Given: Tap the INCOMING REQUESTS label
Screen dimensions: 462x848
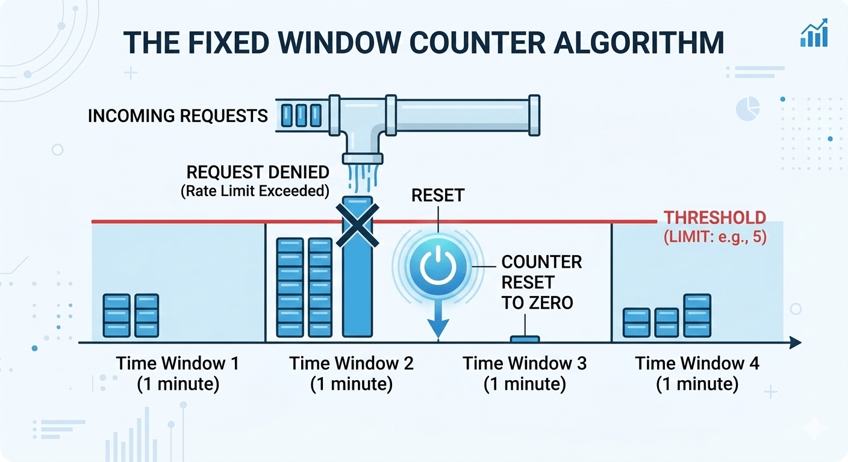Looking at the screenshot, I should click(178, 115).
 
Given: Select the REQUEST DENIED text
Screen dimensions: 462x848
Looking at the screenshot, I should click(258, 173).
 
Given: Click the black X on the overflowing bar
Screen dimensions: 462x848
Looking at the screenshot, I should click(357, 224).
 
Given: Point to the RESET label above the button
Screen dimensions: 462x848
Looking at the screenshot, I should click(438, 195).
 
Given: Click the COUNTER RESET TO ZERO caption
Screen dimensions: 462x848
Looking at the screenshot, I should click(541, 282).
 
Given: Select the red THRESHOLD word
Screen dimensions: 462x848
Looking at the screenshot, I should click(714, 218).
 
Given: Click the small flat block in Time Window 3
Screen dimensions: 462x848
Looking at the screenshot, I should click(525, 339).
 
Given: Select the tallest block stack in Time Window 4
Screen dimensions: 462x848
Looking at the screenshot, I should click(697, 315).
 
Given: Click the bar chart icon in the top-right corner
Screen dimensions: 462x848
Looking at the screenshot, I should click(814, 33).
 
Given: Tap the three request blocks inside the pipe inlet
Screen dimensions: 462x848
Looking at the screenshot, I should click(301, 115).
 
